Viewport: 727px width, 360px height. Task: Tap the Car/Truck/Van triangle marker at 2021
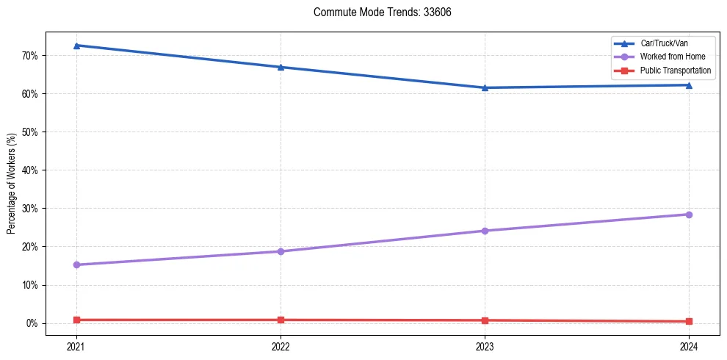(x=76, y=46)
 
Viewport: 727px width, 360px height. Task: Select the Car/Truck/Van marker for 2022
(x=281, y=67)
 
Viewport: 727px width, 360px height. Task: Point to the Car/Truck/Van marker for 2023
(x=485, y=88)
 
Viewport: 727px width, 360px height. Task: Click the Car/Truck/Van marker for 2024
(x=689, y=85)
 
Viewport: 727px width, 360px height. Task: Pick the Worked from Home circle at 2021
(x=76, y=264)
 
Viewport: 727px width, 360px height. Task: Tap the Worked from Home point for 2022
(x=281, y=251)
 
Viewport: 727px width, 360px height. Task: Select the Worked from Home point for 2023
(x=485, y=231)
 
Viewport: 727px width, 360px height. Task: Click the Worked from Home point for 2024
(x=689, y=215)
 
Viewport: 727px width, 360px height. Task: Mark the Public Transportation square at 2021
(x=76, y=320)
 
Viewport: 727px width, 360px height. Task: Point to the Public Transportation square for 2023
(x=485, y=320)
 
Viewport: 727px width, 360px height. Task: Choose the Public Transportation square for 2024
(x=689, y=321)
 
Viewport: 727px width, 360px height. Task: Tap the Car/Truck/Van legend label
(x=665, y=43)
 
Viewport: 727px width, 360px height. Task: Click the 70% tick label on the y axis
(x=30, y=56)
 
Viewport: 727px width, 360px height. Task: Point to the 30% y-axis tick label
(x=30, y=209)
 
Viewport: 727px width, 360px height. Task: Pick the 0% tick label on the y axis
(x=32, y=323)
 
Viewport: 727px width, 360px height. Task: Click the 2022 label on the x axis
(x=281, y=346)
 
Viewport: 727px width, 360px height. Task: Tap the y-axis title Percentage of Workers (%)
(x=12, y=184)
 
